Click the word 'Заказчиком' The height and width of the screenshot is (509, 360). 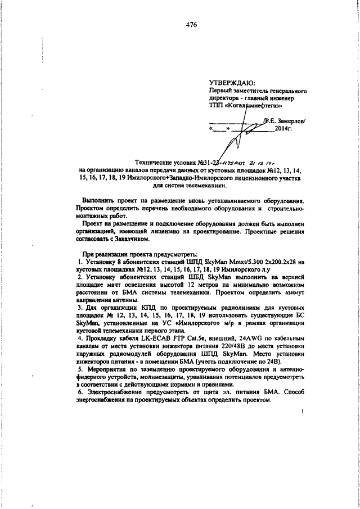click(x=128, y=239)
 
